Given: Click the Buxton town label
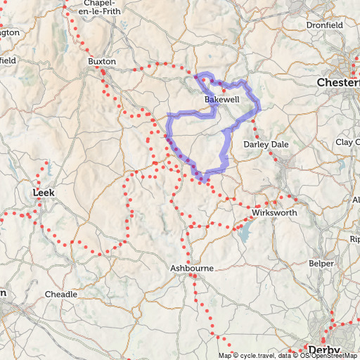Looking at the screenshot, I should click(101, 61).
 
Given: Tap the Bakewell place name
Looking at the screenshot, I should click(221, 100).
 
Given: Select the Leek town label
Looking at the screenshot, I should click(44, 191).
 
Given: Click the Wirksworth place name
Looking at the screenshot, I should click(274, 212).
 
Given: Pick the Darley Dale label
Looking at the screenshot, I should click(265, 144).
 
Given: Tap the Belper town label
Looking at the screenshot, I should click(321, 264).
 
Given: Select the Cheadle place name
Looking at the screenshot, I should click(61, 293).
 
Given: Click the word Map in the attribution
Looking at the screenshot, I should click(224, 356).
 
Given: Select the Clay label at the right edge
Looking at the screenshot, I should click(347, 142).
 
